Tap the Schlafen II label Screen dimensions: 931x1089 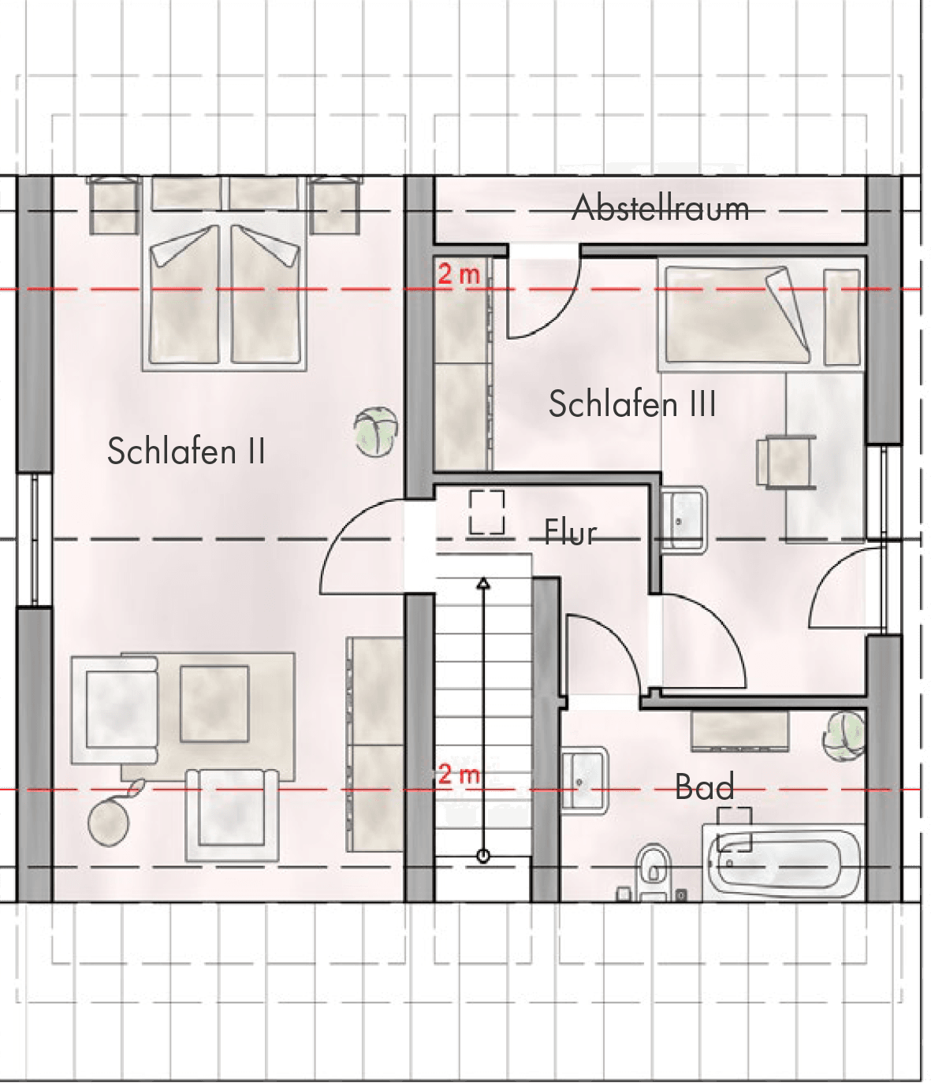pos(186,451)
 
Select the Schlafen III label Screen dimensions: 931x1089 pos(632,403)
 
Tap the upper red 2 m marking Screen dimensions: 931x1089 pos(459,274)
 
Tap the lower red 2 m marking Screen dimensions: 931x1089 pos(459,775)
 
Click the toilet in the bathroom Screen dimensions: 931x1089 pos(654,872)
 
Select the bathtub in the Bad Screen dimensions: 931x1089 pos(782,864)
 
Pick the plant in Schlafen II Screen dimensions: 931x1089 pos(375,431)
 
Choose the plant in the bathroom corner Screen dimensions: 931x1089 pos(843,735)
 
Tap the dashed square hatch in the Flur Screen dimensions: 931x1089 pos(486,512)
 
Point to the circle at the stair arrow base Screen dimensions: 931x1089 pos(483,856)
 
